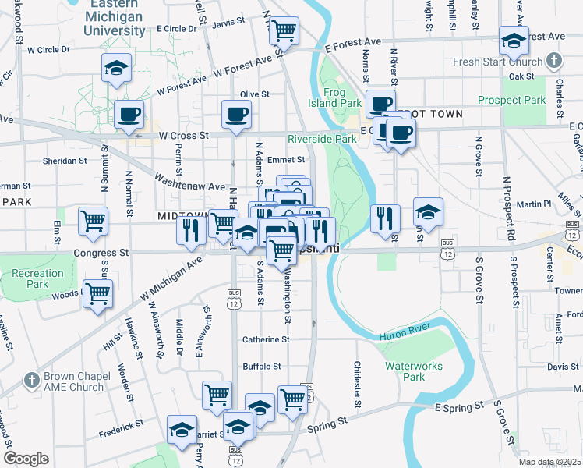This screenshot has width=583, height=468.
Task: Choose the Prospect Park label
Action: point(511,100)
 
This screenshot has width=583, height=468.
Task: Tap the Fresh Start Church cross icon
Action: point(553,60)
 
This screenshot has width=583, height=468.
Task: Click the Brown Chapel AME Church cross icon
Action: point(31,381)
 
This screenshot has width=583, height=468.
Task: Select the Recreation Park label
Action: point(37,278)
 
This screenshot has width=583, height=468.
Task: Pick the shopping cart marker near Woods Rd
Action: point(98,294)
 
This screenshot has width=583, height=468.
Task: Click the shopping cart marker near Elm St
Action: point(93,222)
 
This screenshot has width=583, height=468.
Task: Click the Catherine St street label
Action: point(266,339)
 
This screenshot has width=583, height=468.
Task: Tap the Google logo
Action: point(26,459)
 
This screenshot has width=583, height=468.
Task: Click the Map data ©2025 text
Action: point(549,462)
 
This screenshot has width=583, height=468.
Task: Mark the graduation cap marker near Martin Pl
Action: point(427,211)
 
